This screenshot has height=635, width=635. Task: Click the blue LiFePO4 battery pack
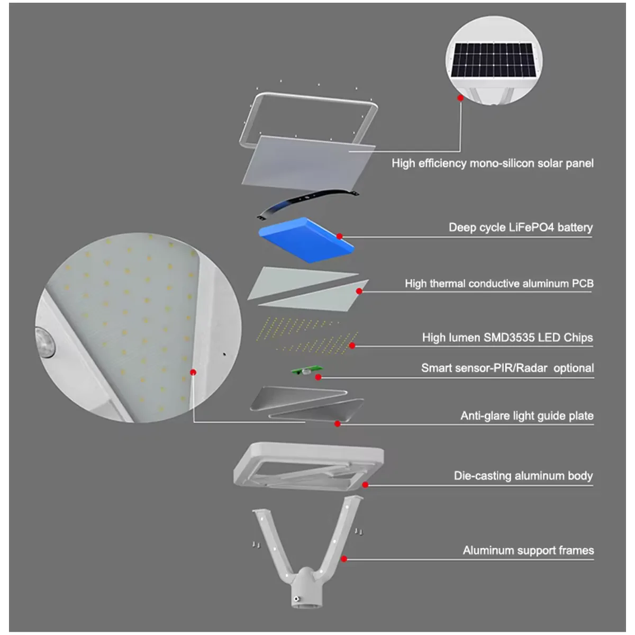click(306, 240)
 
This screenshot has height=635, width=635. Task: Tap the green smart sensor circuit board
click(307, 370)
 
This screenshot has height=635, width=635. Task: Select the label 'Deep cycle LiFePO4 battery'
click(521, 228)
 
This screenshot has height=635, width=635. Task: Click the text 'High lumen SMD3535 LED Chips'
click(507, 338)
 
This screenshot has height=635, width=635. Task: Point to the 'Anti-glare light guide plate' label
click(527, 416)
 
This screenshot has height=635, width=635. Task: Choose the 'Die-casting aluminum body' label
click(523, 476)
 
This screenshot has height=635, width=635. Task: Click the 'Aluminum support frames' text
click(528, 550)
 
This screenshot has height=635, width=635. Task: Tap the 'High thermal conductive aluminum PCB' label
click(499, 284)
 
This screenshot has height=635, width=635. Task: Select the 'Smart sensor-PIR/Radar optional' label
click(507, 368)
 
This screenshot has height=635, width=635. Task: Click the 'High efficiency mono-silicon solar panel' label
click(493, 164)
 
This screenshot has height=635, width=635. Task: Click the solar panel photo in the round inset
click(493, 60)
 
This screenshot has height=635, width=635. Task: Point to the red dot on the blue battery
click(339, 236)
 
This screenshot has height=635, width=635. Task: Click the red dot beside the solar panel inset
click(460, 98)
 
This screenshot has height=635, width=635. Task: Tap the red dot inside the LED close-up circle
click(193, 373)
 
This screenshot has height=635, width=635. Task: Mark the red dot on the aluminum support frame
click(344, 559)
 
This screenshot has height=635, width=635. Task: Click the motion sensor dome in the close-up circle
click(45, 342)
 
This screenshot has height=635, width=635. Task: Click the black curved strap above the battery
click(307, 204)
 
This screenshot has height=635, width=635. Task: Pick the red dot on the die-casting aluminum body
click(365, 485)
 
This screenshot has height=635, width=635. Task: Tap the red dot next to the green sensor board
click(318, 377)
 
